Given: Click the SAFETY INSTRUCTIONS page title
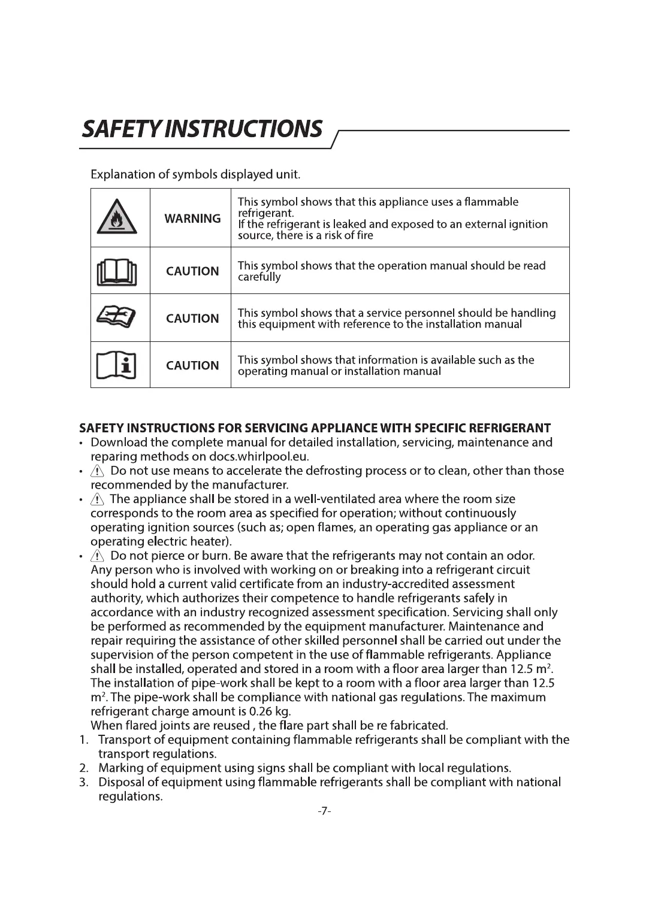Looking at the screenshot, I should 202,129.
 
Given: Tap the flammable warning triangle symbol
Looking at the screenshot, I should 117,217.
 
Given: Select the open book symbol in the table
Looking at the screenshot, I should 117,271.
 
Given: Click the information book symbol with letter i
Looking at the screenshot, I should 117,365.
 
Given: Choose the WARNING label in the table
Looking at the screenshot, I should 192,219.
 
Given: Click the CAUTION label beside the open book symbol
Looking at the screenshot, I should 192,271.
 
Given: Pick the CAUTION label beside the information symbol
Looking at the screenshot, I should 192,365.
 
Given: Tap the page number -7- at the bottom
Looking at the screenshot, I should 324,811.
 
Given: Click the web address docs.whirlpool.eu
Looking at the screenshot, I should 258,457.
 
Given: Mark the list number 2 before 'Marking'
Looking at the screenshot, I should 84,768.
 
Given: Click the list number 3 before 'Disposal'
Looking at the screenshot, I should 84,783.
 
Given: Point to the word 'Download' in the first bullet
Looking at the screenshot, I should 119,443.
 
